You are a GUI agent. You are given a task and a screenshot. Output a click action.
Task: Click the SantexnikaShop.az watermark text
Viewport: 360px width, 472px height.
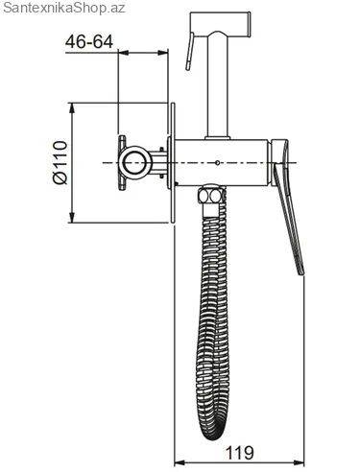63,8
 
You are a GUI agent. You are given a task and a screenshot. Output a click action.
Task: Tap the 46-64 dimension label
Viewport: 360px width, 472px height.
89,42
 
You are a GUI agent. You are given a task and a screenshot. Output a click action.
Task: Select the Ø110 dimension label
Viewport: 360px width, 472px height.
60,163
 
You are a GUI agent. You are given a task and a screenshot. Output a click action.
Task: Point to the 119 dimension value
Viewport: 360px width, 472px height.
240,453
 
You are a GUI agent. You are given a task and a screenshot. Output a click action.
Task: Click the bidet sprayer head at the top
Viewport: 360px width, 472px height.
220,24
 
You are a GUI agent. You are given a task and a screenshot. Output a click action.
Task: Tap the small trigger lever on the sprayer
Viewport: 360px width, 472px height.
189,52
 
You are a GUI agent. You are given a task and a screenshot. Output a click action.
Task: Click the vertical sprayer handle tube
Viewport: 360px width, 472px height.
218,86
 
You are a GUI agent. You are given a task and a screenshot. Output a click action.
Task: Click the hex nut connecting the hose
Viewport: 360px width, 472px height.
211,195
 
